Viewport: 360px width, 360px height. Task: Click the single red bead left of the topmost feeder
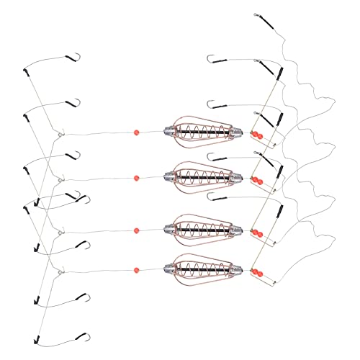click(x=135, y=132)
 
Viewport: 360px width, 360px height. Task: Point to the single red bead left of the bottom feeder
click(x=136, y=271)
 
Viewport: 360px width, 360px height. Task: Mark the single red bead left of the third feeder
click(x=136, y=230)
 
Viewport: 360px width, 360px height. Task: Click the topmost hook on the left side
click(x=72, y=57)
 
